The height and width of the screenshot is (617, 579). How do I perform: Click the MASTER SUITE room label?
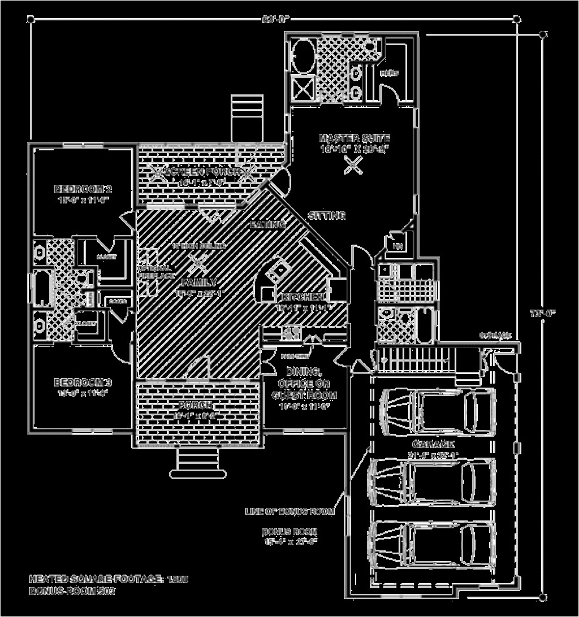[x=354, y=138]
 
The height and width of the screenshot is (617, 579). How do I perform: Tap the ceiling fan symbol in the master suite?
[x=353, y=164]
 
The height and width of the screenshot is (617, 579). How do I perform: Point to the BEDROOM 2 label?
[x=83, y=189]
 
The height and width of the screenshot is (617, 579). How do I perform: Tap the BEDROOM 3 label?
[x=83, y=383]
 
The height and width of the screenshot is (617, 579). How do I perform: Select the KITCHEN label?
[x=300, y=297]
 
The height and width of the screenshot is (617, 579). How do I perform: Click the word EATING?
[x=267, y=224]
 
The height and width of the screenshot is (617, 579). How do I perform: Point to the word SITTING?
[x=326, y=215]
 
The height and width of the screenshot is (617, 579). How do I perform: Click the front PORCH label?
[x=196, y=406]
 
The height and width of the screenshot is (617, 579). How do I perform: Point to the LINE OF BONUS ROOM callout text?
[x=289, y=511]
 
